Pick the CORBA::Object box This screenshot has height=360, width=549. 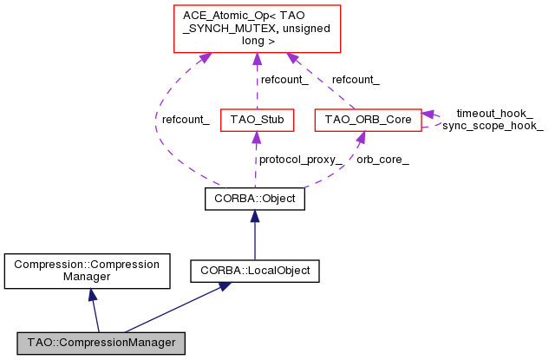coord(255,199)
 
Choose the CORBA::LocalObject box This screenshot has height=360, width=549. coord(255,271)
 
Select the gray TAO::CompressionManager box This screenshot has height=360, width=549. coord(100,343)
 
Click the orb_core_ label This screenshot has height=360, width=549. coord(382,160)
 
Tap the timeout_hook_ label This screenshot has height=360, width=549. coord(494,113)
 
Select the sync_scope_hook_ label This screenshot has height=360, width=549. coord(493,126)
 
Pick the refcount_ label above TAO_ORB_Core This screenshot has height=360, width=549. coord(355,80)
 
